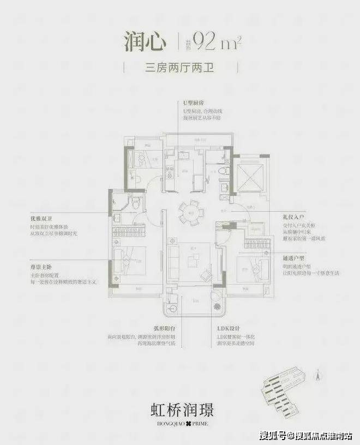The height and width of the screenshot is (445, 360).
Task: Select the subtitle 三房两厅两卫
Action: [180, 69]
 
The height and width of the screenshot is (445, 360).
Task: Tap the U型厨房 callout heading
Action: [194, 103]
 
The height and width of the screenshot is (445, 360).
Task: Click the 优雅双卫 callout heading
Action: [42, 219]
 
